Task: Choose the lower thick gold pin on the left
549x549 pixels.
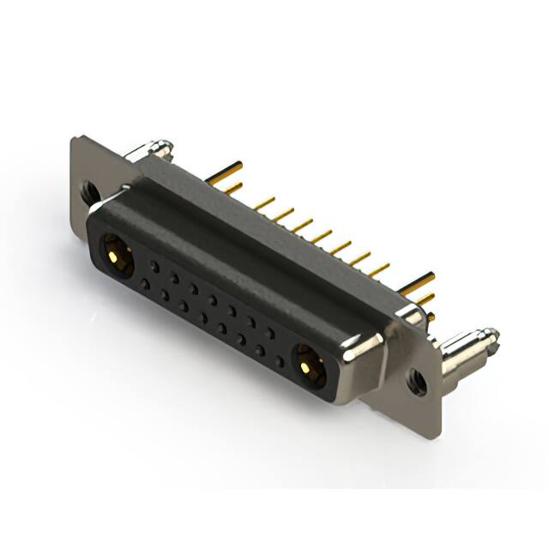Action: pyautogui.click(x=229, y=187)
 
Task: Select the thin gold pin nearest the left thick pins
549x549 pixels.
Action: pyautogui.click(x=263, y=204)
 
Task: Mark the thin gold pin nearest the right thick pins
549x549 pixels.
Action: pyautogui.click(x=377, y=268)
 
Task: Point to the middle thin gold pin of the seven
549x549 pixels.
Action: pyautogui.click(x=321, y=236)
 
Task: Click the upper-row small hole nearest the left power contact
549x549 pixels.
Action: pyautogui.click(x=154, y=267)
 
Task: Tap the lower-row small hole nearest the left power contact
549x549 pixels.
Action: pyautogui.click(x=145, y=284)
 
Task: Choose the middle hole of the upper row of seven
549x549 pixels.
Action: pyautogui.click(x=212, y=300)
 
